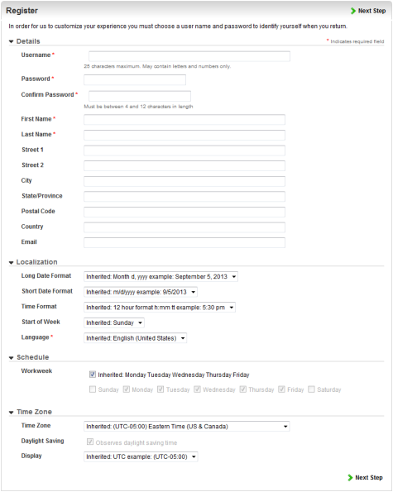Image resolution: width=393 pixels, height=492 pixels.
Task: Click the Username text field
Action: click(x=189, y=56)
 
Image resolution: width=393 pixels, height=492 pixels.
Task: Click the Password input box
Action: click(x=135, y=79)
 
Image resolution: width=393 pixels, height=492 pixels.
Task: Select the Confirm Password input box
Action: click(x=139, y=95)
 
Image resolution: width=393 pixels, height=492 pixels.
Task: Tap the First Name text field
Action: click(x=185, y=120)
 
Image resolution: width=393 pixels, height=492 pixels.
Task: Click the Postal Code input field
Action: click(x=185, y=212)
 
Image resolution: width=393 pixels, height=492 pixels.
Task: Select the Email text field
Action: click(x=185, y=242)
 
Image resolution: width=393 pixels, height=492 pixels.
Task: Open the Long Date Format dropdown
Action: click(x=161, y=276)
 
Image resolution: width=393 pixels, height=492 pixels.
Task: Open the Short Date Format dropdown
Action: click(x=141, y=292)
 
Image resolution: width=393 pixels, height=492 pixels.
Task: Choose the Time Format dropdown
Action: click(x=161, y=307)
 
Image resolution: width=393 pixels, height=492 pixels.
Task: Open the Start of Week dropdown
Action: click(x=115, y=322)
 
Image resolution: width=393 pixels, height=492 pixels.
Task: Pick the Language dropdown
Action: click(x=136, y=338)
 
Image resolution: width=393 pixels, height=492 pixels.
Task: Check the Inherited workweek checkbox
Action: click(x=93, y=373)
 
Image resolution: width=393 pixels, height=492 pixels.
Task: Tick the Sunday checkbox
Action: click(x=92, y=389)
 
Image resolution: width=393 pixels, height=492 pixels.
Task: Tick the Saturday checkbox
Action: click(x=311, y=389)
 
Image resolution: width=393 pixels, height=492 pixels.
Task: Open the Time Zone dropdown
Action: click(x=187, y=426)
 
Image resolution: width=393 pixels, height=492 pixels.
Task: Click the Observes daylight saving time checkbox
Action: click(x=92, y=442)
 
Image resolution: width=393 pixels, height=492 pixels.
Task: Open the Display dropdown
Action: click(x=141, y=456)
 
